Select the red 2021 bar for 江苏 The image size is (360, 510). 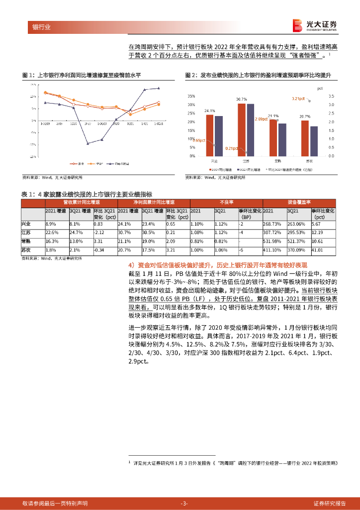click(242, 130)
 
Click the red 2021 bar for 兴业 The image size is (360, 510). click(210, 136)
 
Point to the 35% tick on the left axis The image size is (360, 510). click(191, 96)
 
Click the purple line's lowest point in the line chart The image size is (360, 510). click(88, 143)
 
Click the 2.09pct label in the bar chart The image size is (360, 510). click(261, 119)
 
